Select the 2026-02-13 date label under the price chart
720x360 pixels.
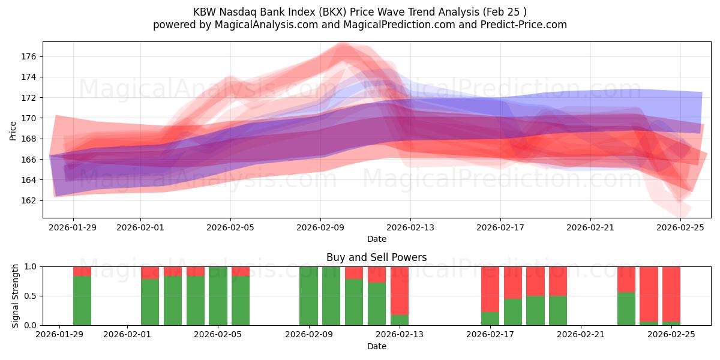pos(410,227)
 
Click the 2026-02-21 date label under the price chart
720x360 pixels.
pos(590,227)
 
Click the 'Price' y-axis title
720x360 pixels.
pos(13,130)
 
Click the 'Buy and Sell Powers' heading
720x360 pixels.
pos(376,257)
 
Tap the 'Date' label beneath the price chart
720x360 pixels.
pos(376,239)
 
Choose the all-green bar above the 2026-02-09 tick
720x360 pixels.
pos(308,296)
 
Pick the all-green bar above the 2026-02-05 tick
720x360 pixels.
pos(218,296)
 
